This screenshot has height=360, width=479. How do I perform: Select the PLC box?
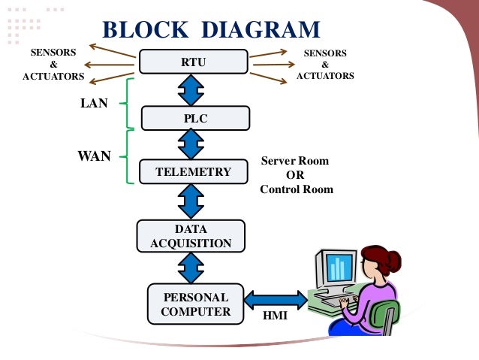click(195, 118)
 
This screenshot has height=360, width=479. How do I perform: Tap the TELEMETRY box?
click(193, 171)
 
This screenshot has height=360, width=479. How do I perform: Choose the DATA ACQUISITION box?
click(191, 236)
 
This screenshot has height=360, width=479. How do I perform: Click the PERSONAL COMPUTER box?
click(195, 304)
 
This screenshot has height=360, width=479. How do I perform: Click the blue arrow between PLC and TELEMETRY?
click(193, 144)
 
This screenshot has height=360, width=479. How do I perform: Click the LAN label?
click(94, 104)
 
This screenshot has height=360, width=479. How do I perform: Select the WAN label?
click(95, 156)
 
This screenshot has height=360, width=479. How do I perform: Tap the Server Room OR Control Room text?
click(296, 175)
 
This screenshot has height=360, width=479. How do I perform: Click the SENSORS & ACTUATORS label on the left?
click(53, 65)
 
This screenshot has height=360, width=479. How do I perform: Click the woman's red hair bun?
click(393, 262)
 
